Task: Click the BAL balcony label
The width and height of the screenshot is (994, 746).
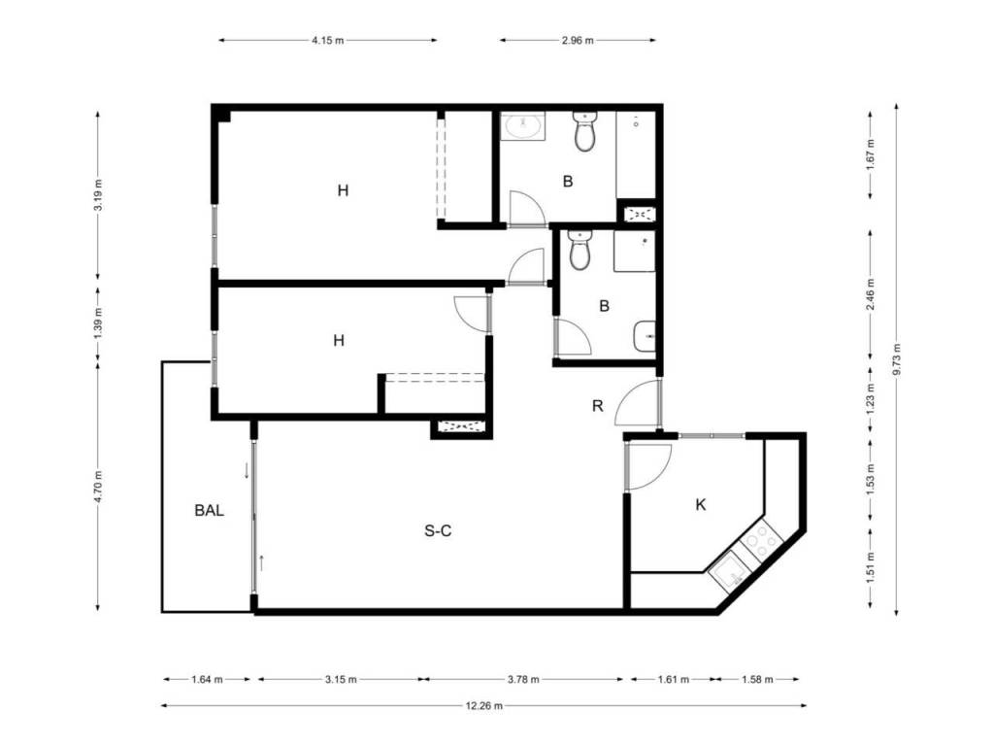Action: point(210,510)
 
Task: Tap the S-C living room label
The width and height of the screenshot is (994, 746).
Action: point(438,530)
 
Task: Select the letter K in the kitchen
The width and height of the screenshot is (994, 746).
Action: point(701,505)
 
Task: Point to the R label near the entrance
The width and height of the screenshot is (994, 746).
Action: point(597,406)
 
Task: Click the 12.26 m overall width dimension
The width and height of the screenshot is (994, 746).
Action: point(483,705)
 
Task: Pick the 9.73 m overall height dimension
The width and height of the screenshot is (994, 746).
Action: point(896,359)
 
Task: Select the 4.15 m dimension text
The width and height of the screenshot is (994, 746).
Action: point(328,40)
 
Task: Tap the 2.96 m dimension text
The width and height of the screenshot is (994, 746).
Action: point(578,40)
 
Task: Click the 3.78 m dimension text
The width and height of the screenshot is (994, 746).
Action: point(523,679)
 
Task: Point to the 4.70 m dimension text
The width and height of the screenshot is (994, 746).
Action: point(98,486)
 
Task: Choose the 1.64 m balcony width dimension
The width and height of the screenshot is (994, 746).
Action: point(207,679)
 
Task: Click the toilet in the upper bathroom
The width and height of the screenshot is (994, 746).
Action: point(584,131)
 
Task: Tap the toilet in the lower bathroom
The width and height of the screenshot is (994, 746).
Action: point(580,250)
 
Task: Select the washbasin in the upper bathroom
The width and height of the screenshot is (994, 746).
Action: point(522,126)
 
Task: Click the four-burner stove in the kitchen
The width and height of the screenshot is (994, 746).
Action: point(761,540)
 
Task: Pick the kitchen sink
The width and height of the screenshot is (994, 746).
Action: point(730,571)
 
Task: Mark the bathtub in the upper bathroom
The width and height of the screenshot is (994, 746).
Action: point(636,154)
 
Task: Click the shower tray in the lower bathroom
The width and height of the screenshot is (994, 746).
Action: point(635,252)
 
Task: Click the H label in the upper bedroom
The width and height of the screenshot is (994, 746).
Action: point(343,190)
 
